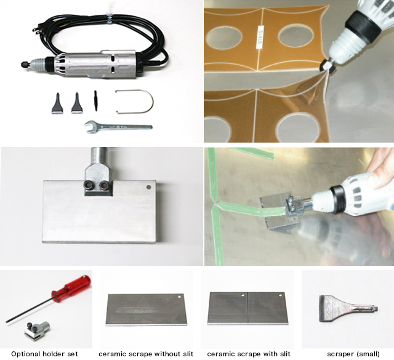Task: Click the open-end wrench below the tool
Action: coord(118,126)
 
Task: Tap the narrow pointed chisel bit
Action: coord(95,101)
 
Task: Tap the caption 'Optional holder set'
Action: coord(44,354)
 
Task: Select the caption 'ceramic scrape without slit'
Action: coord(146,354)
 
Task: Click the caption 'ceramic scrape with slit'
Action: coord(249,354)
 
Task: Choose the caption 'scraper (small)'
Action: coord(353,354)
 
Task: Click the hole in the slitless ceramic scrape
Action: coord(179,297)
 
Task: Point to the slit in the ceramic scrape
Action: coord(248,307)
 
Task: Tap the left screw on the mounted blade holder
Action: coord(89,185)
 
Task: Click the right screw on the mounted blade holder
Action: coord(103,185)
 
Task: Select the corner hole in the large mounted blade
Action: coord(149,187)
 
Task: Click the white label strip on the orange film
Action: coord(260,36)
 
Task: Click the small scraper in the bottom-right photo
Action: coord(348,309)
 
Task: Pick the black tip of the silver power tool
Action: coord(26,65)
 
